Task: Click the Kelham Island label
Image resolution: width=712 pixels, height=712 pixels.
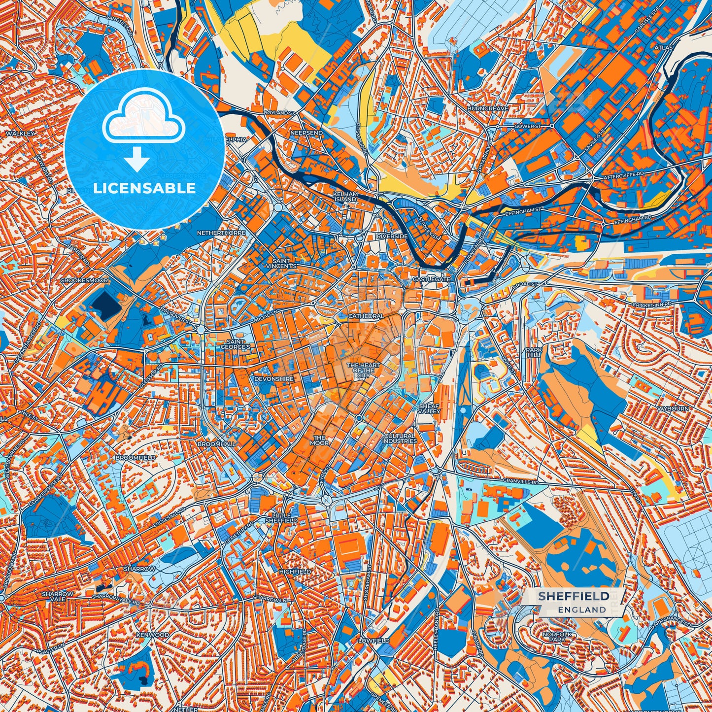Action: pos(345,197)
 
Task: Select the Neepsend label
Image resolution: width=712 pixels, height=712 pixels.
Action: pos(306,133)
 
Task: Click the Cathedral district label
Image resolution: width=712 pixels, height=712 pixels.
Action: pos(366,316)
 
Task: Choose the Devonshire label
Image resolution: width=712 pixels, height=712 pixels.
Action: pos(273,379)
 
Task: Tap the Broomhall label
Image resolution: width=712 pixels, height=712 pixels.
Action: pos(216,444)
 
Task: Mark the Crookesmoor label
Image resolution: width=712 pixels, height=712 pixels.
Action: pos(84,280)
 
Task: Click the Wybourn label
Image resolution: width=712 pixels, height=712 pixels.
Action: pos(673,409)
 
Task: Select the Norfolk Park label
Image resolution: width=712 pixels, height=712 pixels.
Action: pos(557,638)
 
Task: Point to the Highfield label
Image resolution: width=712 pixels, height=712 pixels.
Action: pos(295,572)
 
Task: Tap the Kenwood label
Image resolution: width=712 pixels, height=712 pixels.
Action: pos(152,635)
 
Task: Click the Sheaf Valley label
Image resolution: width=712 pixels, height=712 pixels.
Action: pos(429,408)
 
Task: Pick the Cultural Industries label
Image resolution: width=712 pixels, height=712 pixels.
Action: pos(400,439)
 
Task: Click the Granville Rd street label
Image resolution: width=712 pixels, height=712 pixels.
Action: pos(521,480)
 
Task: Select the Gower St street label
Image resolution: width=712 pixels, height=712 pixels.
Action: pos(527,127)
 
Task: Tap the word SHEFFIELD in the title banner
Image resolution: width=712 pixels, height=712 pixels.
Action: pos(574,596)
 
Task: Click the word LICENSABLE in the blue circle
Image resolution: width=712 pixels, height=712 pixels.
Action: pos(144,188)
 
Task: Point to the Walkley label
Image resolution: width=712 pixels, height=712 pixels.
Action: pos(20,134)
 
